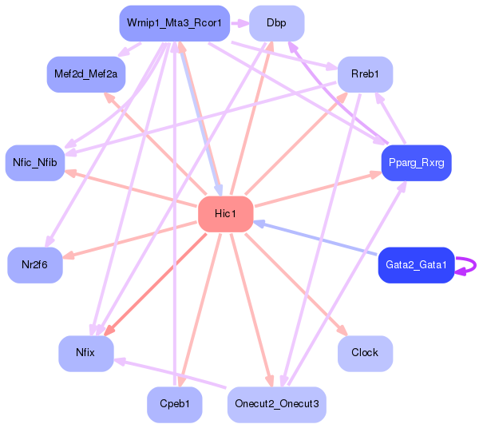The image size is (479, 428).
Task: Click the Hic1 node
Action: pos(225,213)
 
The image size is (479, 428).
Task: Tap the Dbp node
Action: pos(276,23)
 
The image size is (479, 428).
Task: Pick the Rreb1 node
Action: pos(364,73)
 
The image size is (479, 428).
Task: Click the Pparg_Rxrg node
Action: pos(416,163)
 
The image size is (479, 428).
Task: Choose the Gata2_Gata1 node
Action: pos(415,264)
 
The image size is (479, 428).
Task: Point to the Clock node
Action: pos(365,352)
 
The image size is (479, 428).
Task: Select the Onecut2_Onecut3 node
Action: pos(276,404)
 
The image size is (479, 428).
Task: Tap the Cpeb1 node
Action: pos(174,404)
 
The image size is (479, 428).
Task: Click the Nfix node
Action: pos(85,352)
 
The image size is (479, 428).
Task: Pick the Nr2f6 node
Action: pos(35,264)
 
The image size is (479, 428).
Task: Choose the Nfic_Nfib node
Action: pos(35,163)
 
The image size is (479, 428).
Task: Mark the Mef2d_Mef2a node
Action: pos(85,73)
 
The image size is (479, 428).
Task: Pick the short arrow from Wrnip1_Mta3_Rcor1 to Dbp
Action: pos(239,23)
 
